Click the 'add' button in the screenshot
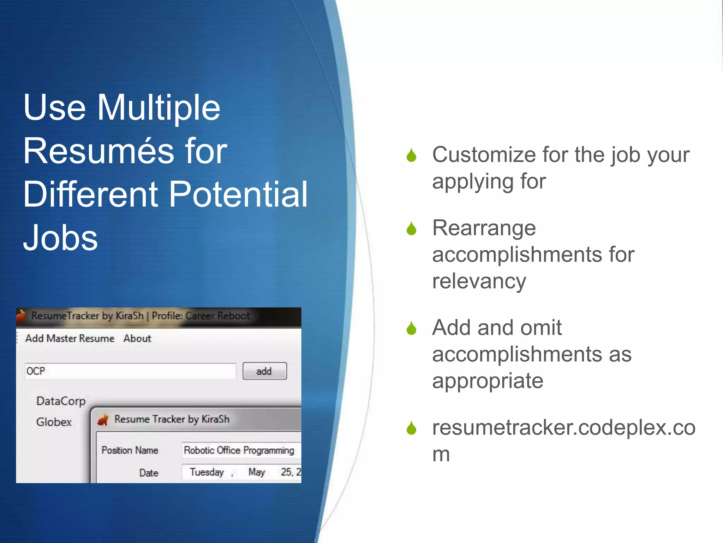264,371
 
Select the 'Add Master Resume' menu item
70,338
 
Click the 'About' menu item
137,338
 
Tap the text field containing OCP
130,371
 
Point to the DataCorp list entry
61,401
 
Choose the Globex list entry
54,422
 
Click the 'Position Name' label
130,450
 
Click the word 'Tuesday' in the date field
207,472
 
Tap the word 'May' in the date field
256,472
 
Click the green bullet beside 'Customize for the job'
411,155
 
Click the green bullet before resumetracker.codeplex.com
411,428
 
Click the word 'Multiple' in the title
159,108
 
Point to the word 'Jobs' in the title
60,238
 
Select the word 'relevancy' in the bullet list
479,281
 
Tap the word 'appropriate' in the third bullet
488,381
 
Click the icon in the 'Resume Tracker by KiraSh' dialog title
103,420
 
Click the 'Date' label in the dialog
148,473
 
